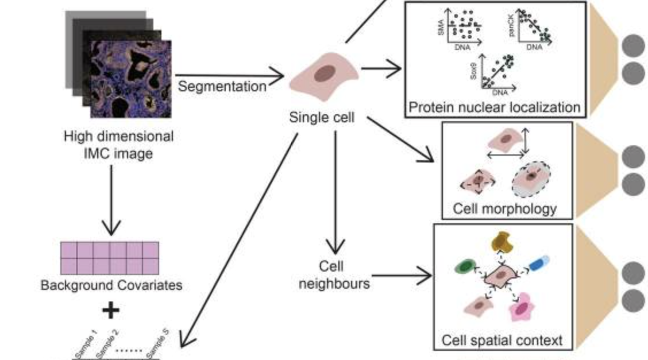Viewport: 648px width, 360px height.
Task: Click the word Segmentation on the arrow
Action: tap(222, 87)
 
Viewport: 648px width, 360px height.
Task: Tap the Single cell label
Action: tap(322, 118)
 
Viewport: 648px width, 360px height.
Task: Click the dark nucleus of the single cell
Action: tap(325, 74)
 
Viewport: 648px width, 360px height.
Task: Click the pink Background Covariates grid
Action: tap(109, 258)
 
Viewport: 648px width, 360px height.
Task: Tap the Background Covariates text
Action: tap(111, 285)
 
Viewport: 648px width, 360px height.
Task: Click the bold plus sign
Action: tap(110, 311)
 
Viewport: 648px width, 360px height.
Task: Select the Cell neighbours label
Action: tap(334, 274)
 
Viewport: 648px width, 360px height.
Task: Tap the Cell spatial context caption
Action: tap(502, 340)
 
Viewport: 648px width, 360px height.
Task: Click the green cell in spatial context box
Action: tap(465, 267)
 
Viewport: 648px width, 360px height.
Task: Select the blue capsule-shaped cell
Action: tap(538, 264)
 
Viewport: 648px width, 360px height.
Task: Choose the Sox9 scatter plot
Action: tap(495, 73)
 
